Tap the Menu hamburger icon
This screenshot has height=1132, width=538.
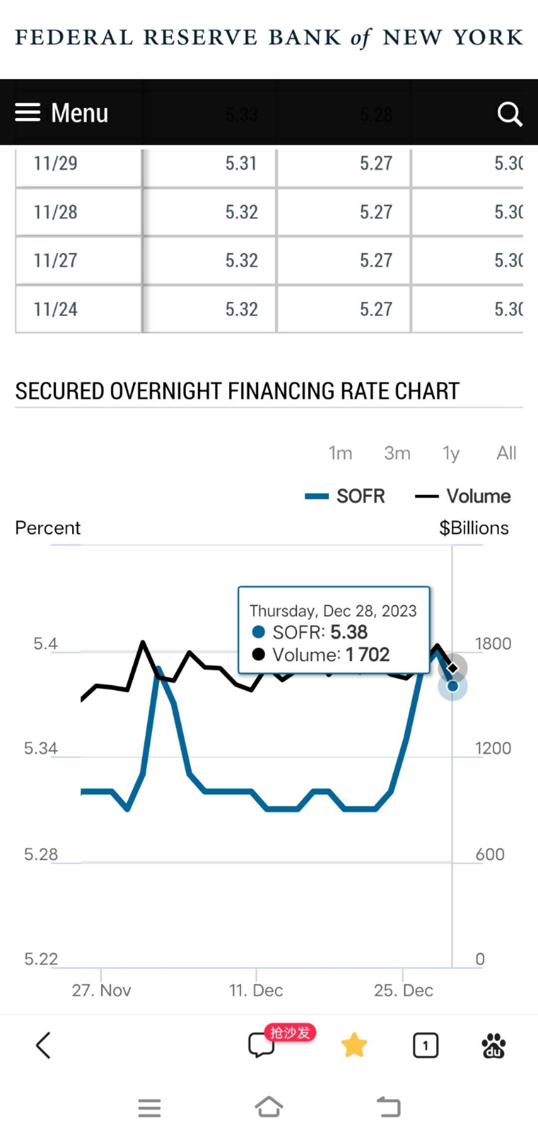[x=28, y=113]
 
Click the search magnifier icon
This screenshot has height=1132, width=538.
[x=509, y=114]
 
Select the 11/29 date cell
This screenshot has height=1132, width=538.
[x=55, y=163]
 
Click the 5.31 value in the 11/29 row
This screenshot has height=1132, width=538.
[x=241, y=163]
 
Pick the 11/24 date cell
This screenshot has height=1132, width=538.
[x=55, y=309]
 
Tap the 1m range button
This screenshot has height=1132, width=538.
[x=340, y=453]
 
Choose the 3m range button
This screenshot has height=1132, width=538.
[x=397, y=453]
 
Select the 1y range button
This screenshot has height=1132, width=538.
[x=451, y=453]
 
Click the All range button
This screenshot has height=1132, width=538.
[x=506, y=453]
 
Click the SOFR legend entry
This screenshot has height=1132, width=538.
[x=345, y=496]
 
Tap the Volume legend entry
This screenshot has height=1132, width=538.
[x=463, y=496]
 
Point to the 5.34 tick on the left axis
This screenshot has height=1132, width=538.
[x=41, y=748]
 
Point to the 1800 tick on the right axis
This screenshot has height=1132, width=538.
[x=493, y=644]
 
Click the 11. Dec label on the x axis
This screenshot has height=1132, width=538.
[x=256, y=990]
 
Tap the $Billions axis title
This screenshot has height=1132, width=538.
[x=474, y=528]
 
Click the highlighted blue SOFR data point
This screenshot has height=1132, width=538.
[x=452, y=687]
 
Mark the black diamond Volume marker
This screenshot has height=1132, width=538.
[x=452, y=668]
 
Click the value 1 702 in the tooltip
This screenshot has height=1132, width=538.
[x=368, y=655]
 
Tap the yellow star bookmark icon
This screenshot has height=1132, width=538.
[x=354, y=1045]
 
